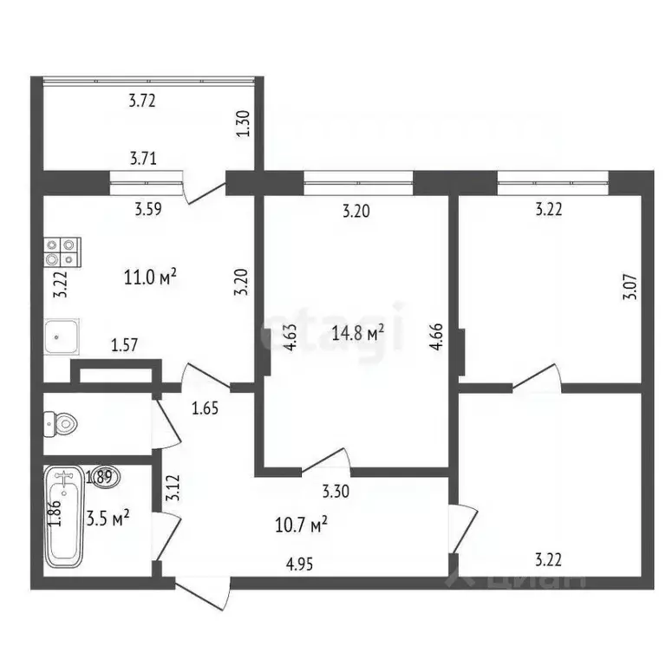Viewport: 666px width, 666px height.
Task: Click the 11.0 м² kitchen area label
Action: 152,277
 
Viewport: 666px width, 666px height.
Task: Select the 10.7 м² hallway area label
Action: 300,525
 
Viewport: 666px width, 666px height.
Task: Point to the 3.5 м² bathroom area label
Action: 108,519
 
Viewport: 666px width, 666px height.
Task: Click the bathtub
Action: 66,517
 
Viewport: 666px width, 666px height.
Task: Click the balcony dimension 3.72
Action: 142,101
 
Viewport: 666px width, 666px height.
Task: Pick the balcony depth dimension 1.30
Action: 244,127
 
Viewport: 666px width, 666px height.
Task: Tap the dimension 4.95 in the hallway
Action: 300,565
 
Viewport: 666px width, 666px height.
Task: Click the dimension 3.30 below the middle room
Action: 336,493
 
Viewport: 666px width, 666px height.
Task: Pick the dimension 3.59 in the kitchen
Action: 148,208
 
